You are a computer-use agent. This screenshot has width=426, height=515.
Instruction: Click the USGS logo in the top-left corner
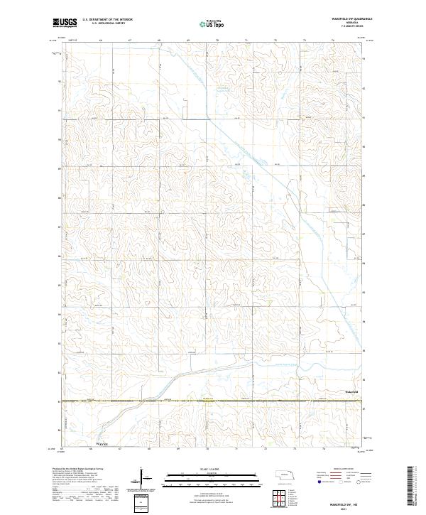[65, 23]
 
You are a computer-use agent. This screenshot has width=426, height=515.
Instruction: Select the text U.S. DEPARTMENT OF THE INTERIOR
[107, 20]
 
